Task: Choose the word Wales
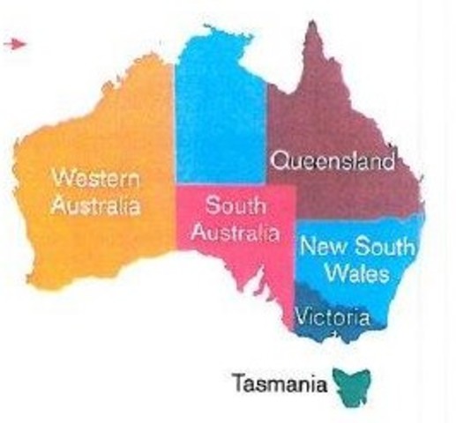coord(355,273)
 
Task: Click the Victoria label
coord(328,315)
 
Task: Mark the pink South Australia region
coord(256,264)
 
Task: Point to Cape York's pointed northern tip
coord(311,26)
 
